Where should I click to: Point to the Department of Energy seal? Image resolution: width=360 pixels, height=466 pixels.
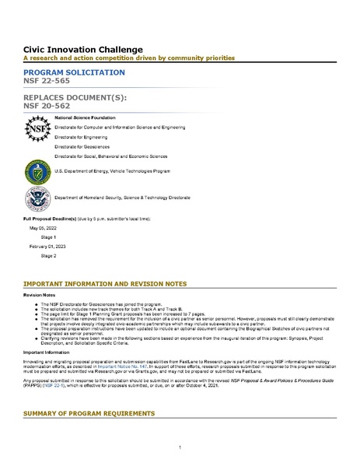coord(36,170)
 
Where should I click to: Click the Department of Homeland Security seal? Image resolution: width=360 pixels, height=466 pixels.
coord(36,198)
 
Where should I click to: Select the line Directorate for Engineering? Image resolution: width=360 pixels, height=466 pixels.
coord(80,135)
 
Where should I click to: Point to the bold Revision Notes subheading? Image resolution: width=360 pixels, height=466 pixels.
coord(39,296)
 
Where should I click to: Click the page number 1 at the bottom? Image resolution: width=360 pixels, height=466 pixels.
coord(180,447)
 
